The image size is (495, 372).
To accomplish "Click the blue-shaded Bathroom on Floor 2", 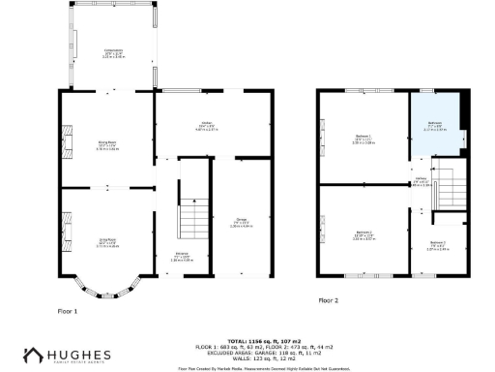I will (x=435, y=124).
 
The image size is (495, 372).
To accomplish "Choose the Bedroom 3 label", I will (x=436, y=243).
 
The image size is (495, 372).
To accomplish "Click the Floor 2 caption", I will (x=330, y=300).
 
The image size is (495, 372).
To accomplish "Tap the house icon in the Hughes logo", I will (x=35, y=355).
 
